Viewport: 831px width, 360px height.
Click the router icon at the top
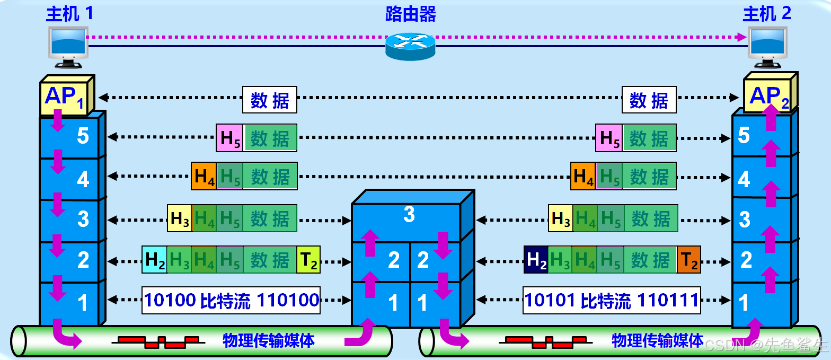pyautogui.click(x=410, y=46)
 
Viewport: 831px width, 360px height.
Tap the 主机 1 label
pyautogui.click(x=69, y=13)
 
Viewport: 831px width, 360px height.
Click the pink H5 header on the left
pyautogui.click(x=229, y=138)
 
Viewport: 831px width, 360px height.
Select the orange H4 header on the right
pyautogui.click(x=583, y=177)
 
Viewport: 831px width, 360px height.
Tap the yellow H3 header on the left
pyautogui.click(x=180, y=218)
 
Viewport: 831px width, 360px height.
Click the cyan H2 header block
pyautogui.click(x=154, y=260)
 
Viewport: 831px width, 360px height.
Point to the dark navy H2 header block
pyautogui.click(x=536, y=260)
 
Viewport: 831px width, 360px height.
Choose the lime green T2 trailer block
pyautogui.click(x=308, y=260)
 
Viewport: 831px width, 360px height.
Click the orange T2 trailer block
pyautogui.click(x=689, y=260)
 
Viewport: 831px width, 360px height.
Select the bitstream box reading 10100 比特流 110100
pyautogui.click(x=231, y=301)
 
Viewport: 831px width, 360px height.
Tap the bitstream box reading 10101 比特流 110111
pyautogui.click(x=612, y=301)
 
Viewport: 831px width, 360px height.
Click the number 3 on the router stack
pyautogui.click(x=409, y=215)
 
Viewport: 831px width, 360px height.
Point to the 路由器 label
pyautogui.click(x=410, y=14)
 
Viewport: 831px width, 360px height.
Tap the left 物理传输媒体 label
pyautogui.click(x=269, y=340)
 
